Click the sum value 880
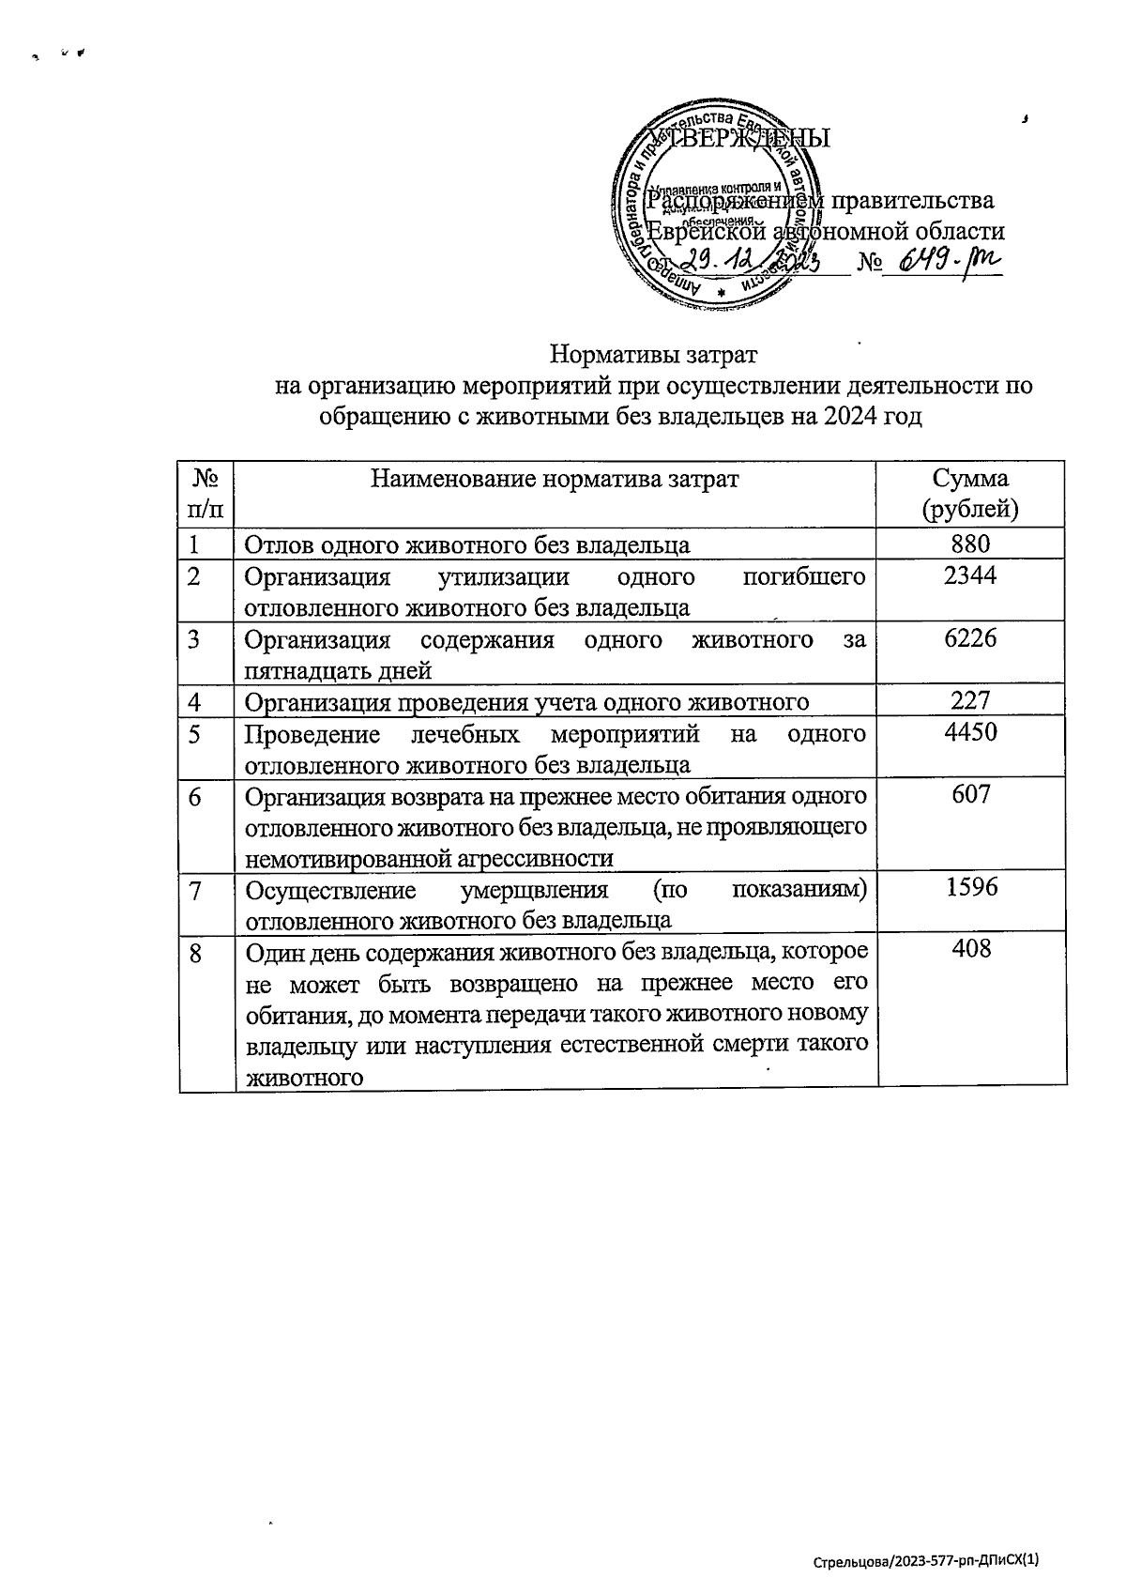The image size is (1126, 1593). coord(970,544)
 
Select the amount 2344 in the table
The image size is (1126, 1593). coord(970,575)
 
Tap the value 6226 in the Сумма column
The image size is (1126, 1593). coord(970,638)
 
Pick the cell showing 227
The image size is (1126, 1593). coord(970,700)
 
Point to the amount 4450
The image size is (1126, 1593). coord(970,732)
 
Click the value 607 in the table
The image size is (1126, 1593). coord(970,794)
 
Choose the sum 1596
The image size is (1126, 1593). coord(970,887)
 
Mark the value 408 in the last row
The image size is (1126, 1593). coord(970,949)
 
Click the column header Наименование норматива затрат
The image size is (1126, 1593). coord(555,480)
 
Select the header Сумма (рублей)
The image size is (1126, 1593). coord(970,494)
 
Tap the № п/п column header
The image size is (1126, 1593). coord(206,494)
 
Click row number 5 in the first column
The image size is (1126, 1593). coord(194,734)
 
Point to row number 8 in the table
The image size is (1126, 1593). coord(195,954)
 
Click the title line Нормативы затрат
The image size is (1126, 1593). coord(653,357)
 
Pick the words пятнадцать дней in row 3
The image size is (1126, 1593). coord(338,671)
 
